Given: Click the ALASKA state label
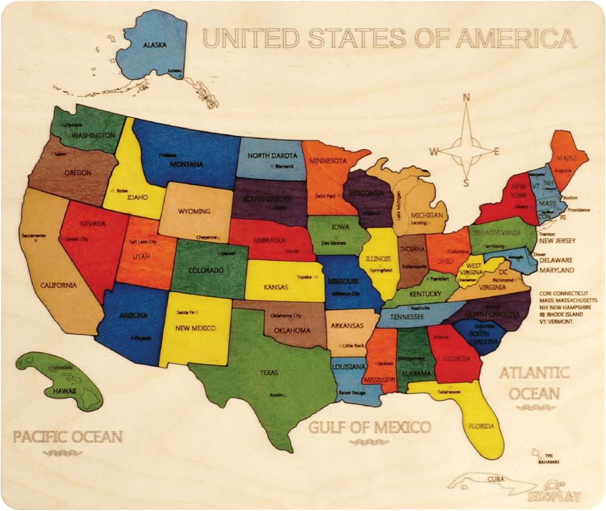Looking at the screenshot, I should (x=154, y=44).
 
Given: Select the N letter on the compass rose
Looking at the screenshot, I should (x=465, y=98).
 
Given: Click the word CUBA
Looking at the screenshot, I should (x=495, y=479).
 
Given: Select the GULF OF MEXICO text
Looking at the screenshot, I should (x=369, y=427).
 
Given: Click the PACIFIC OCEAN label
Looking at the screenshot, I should (x=68, y=436).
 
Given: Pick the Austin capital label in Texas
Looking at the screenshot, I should (x=277, y=395).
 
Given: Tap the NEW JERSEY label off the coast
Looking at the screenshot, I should (x=557, y=241).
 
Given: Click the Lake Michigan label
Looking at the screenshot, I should (x=399, y=205).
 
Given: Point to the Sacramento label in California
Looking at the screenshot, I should (x=34, y=236).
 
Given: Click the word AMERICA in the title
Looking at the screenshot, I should (x=516, y=38).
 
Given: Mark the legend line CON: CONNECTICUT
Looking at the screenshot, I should (x=564, y=293).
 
